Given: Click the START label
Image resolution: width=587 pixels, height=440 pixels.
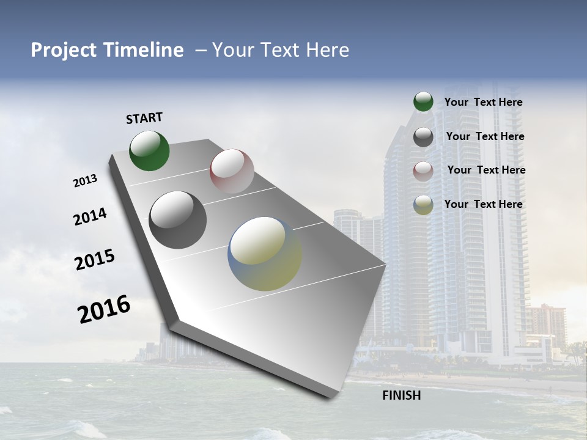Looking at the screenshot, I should tap(144, 118).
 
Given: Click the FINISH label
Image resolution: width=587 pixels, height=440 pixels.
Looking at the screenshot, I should tap(401, 395).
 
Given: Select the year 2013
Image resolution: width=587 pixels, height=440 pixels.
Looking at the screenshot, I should tap(85, 181).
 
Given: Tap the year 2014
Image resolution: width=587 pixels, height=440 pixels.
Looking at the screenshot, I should tap(90, 216).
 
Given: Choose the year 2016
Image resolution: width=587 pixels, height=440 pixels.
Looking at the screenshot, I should tap(104, 309).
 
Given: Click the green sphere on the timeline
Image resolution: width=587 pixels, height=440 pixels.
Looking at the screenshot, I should tap(149, 151).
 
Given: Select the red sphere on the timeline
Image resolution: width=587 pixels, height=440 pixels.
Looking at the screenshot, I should tap(232, 171).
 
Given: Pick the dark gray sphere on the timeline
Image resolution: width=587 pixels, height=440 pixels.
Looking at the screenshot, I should tap(177, 220).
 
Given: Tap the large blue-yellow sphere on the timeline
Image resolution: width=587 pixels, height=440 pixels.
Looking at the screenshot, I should tap(265, 254).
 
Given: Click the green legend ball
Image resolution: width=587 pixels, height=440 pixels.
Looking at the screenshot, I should tap(423, 102).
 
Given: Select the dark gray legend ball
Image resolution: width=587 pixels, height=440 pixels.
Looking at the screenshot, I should tap(423, 137).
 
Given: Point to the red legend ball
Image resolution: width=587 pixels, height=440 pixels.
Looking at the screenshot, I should tap(423, 171).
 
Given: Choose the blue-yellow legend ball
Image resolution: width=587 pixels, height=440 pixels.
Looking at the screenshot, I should tap(423, 205).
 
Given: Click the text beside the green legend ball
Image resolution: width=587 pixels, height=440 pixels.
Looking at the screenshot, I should tap(483, 103).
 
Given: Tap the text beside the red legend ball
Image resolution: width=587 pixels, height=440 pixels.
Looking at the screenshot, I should tap(486, 170).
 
